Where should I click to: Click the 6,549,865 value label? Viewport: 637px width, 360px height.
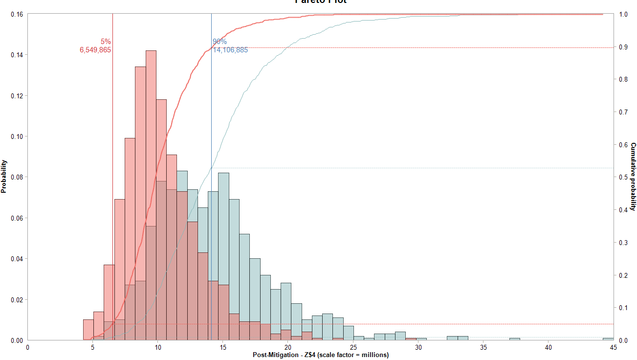[95, 50]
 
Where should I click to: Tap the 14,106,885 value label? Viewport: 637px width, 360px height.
[230, 50]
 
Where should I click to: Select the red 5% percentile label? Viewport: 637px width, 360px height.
[106, 42]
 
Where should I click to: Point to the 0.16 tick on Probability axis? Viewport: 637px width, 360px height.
[16, 14]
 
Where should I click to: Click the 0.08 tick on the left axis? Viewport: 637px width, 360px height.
[16, 177]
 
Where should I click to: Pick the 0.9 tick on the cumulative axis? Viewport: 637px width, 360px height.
[623, 47]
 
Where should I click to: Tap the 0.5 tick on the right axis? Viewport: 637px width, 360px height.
[623, 177]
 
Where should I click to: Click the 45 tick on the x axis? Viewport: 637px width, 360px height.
[613, 347]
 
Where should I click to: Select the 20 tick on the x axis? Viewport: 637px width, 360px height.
[288, 347]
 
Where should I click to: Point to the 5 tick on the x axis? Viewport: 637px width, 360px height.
[92, 347]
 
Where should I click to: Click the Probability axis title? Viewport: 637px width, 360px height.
[4, 176]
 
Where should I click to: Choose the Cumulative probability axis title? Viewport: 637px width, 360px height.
[633, 176]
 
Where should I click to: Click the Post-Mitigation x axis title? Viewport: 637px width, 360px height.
[321, 355]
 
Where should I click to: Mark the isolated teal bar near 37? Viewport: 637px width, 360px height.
[514, 339]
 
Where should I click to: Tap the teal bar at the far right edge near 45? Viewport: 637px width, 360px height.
[608, 339]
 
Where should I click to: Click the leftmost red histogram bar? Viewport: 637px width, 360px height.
[88, 330]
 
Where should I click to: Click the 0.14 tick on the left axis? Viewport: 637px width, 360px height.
[16, 55]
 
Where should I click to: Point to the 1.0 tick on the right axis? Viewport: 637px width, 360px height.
[623, 14]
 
